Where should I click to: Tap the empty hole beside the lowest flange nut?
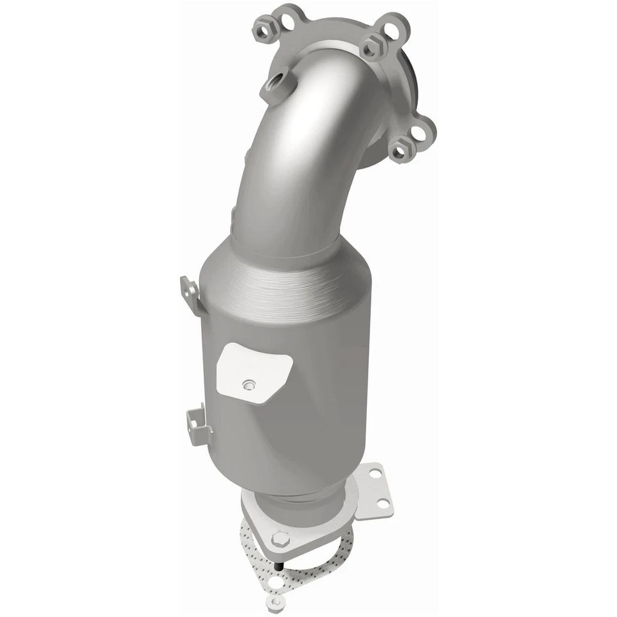click(x=420, y=133)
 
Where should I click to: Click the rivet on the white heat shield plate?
click(x=247, y=385)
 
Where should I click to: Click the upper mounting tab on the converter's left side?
click(x=190, y=292)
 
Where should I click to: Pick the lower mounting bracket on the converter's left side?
click(x=197, y=425)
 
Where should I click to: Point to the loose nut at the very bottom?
click(x=276, y=602)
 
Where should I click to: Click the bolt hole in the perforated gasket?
click(x=276, y=582)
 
